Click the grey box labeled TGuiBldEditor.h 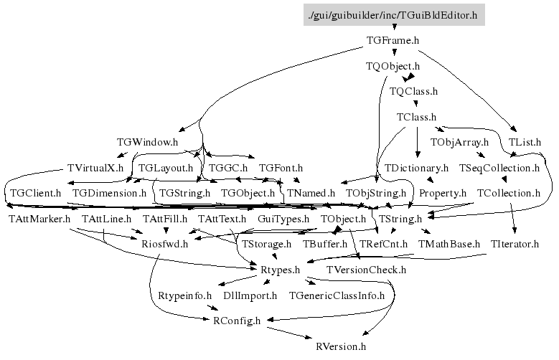point(392,14)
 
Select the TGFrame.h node point(392,40)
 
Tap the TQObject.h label point(392,66)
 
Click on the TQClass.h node point(413,91)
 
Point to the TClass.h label point(416,116)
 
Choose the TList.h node point(525,142)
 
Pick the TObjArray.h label point(459,142)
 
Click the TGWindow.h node point(146,142)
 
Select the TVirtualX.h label point(95,168)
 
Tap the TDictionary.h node point(416,168)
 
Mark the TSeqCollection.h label point(498,168)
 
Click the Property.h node point(443,193)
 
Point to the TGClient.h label point(35,193)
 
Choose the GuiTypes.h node point(283,218)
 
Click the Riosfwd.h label point(164,244)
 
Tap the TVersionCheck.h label point(366,270)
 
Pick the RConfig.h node point(237,320)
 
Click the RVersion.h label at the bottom point(341,346)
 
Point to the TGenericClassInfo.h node point(337,295)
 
